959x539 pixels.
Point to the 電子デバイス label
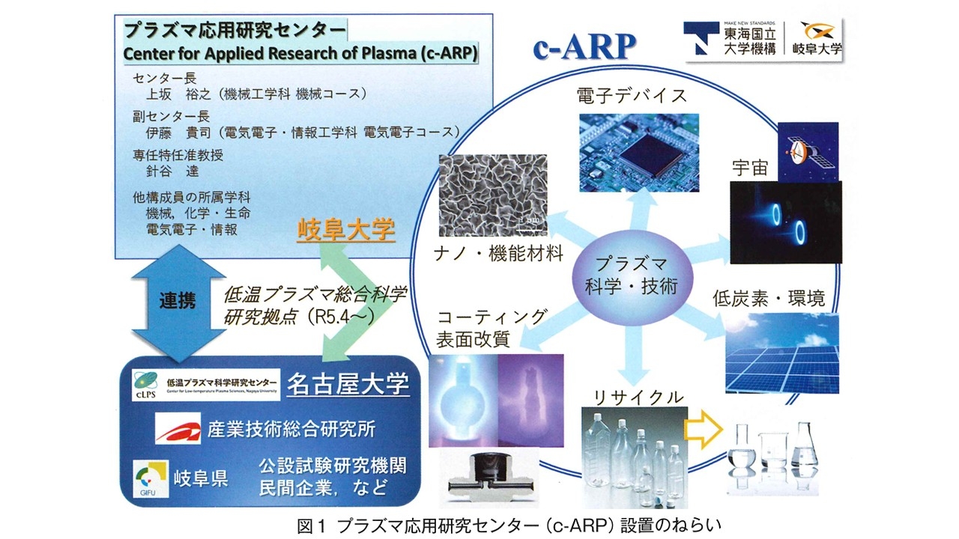[x=632, y=96]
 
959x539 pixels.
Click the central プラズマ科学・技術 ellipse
[x=632, y=275]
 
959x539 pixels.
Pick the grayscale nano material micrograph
[x=492, y=196]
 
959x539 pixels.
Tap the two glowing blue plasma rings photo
[x=784, y=222]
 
